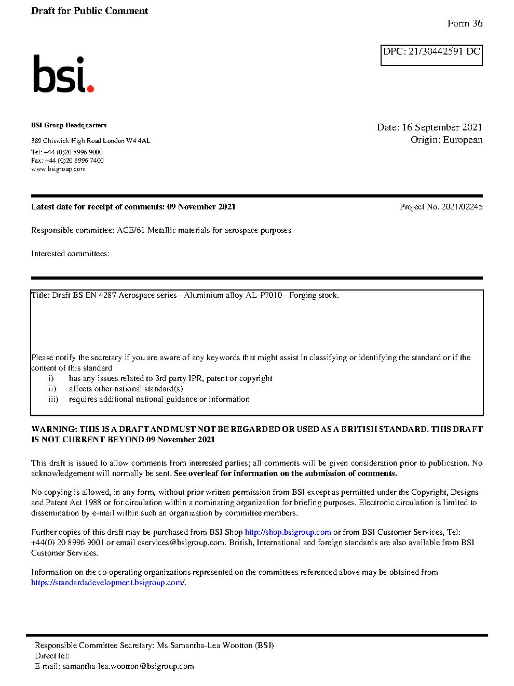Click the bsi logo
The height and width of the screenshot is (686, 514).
tap(62, 74)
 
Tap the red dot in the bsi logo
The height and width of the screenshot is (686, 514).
tap(91, 89)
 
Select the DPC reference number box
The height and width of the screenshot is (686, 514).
tap(431, 55)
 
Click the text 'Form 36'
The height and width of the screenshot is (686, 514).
tap(465, 23)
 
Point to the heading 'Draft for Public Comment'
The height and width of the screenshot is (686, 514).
tap(89, 11)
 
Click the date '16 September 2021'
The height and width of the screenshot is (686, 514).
tap(442, 127)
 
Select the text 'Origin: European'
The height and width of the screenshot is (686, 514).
tap(446, 140)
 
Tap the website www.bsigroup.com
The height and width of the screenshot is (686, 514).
tap(58, 169)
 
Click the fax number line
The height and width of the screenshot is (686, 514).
tap(67, 161)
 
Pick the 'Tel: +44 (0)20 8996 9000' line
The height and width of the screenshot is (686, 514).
tap(66, 152)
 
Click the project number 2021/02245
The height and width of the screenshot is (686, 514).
tap(462, 207)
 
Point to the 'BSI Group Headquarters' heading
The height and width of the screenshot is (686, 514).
tap(69, 125)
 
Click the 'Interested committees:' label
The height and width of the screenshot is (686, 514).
tap(70, 254)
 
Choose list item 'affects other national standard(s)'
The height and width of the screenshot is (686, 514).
tap(126, 389)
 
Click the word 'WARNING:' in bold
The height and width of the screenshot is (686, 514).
tap(54, 429)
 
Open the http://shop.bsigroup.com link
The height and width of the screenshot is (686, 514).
tap(288, 532)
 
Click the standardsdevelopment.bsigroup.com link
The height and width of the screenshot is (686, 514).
tap(107, 583)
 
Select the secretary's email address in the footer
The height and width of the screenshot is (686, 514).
tap(128, 666)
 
